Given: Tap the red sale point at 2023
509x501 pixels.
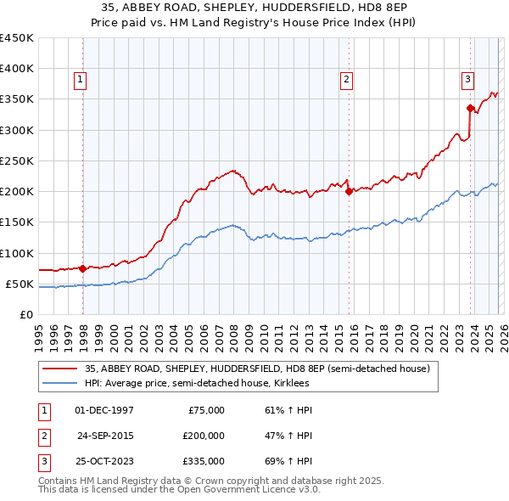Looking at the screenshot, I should click(x=470, y=108).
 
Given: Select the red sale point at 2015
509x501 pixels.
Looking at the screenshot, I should click(x=349, y=191).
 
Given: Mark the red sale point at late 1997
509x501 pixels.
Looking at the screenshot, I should click(x=82, y=268).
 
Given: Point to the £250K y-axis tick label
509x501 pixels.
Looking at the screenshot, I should click(x=17, y=160).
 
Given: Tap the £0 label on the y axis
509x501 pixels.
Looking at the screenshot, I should click(x=27, y=314).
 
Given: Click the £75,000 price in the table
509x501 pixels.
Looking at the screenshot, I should click(x=206, y=410).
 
